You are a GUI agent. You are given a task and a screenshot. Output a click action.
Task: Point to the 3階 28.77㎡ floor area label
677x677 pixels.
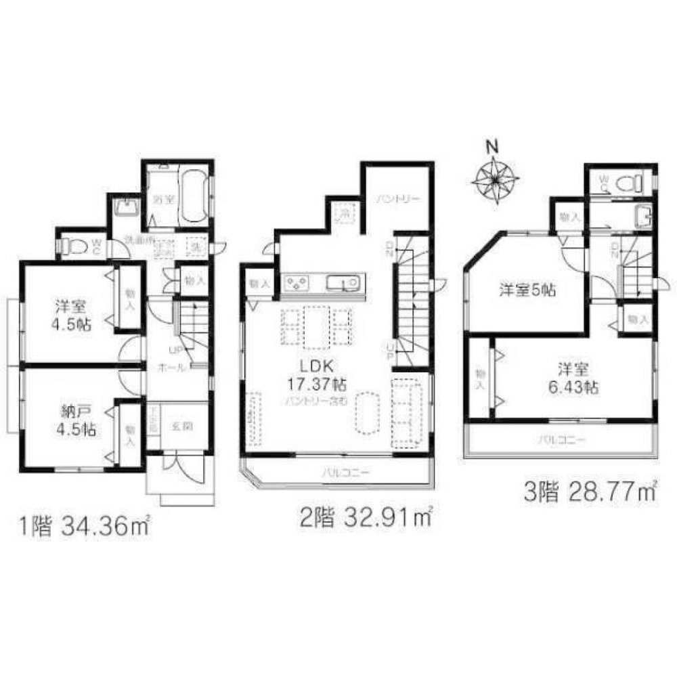(x=591, y=491)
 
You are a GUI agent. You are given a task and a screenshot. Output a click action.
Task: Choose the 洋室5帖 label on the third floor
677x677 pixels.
(x=527, y=290)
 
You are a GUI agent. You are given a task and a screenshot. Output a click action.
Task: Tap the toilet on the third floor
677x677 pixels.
(x=631, y=182)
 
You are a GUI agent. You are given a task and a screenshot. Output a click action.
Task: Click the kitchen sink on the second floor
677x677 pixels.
(x=341, y=282)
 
